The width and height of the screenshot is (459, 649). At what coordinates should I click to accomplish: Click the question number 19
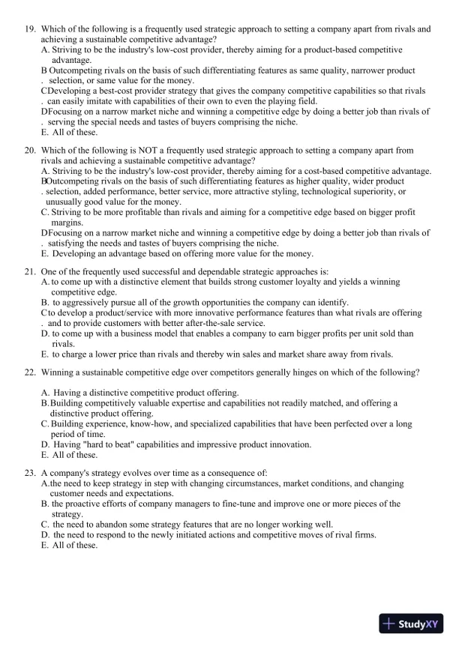29,29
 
